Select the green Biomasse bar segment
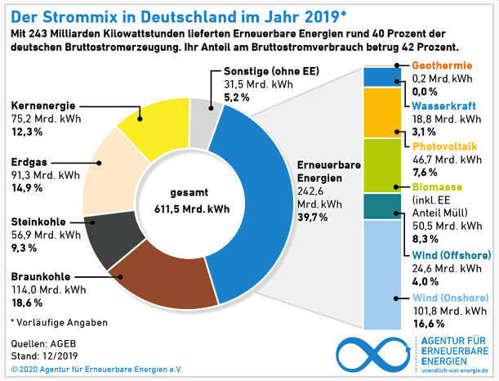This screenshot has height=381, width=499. click(x=381, y=166)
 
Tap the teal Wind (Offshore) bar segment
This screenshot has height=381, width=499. click(x=381, y=207)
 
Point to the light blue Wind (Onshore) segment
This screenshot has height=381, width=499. click(x=381, y=274)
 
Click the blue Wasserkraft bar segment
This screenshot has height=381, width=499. click(x=381, y=77)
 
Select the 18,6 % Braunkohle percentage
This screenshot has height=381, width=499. click(x=28, y=303)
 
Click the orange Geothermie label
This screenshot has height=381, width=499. click(x=441, y=65)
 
